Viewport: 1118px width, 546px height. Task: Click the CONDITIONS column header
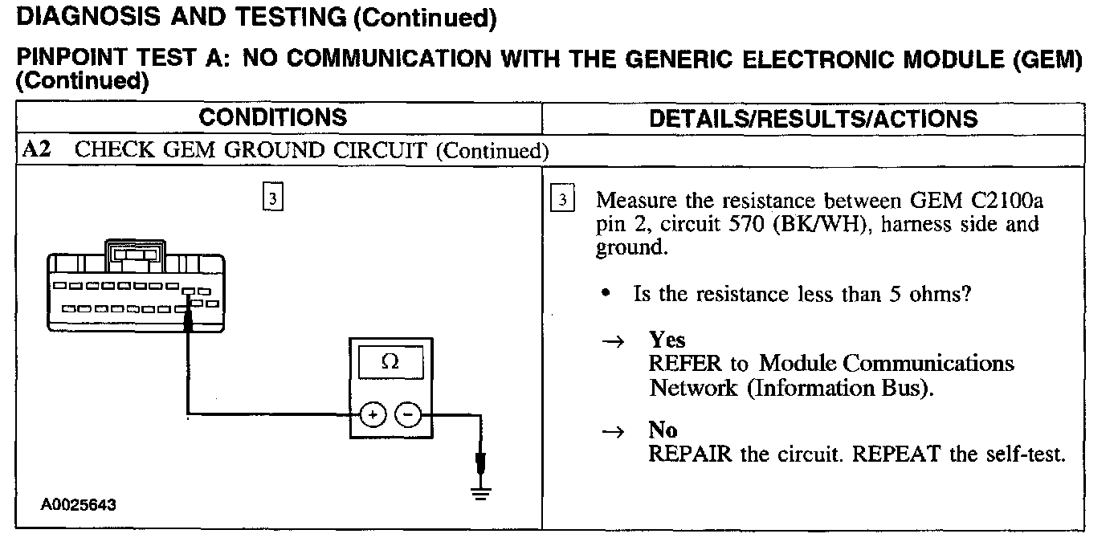pyautogui.click(x=273, y=118)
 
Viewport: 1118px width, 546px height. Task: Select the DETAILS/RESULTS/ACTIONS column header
pyautogui.click(x=813, y=119)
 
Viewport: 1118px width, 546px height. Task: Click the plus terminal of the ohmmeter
pyautogui.click(x=372, y=414)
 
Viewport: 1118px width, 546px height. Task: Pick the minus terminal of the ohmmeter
pyautogui.click(x=409, y=414)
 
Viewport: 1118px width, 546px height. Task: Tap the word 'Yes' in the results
pyautogui.click(x=667, y=340)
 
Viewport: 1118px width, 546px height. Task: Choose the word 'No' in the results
pyautogui.click(x=663, y=430)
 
